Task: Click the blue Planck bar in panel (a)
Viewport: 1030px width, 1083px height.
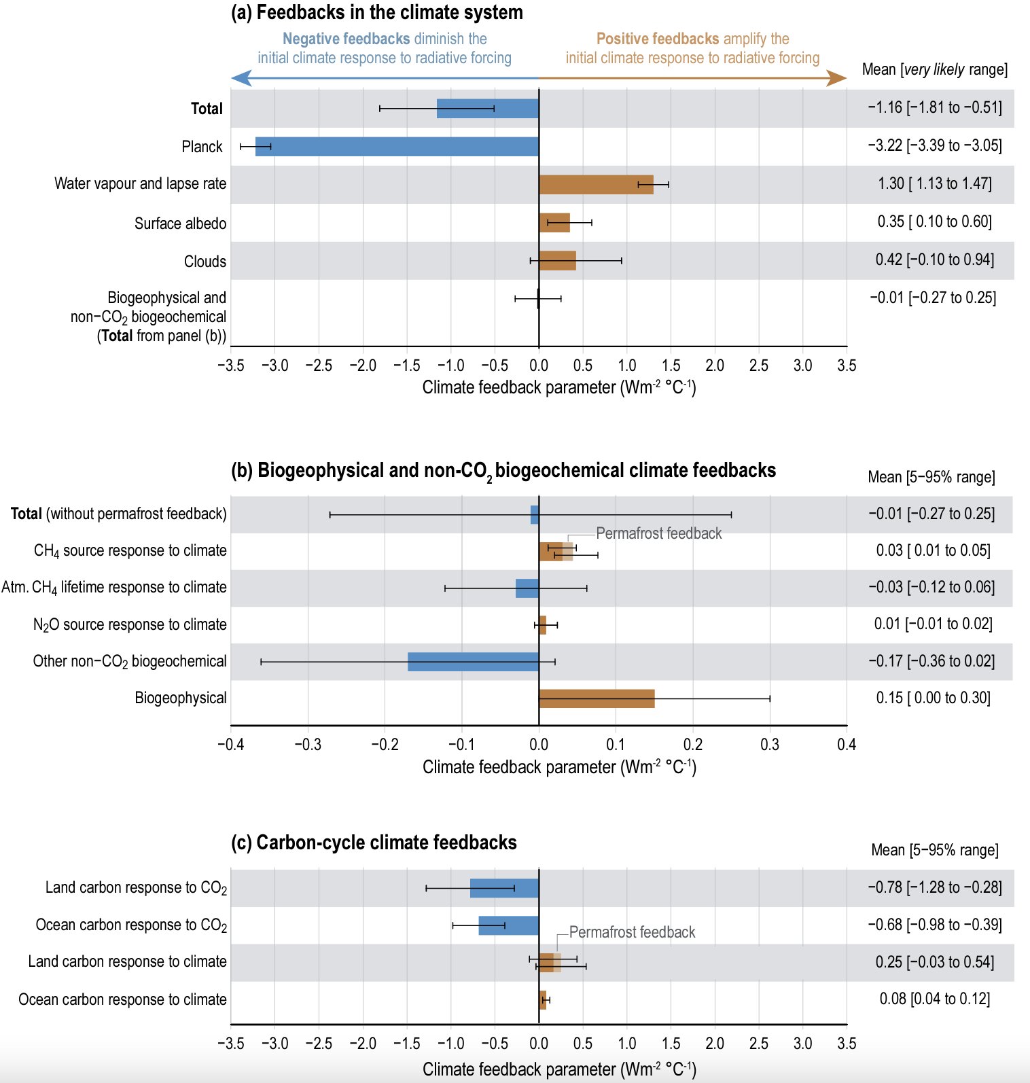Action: coord(397,147)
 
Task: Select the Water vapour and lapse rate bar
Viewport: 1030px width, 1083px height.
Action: coord(596,185)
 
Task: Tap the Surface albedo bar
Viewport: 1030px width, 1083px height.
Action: coord(554,223)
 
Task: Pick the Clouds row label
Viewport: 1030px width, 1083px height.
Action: coord(205,262)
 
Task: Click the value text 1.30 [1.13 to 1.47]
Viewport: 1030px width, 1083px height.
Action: coord(934,183)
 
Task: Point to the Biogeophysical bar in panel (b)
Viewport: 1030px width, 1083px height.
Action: coord(597,698)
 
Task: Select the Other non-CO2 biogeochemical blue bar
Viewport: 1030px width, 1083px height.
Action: coord(473,662)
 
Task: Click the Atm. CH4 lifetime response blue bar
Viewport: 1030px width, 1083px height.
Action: coord(527,588)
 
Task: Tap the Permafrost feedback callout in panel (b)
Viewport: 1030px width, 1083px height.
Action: coord(658,533)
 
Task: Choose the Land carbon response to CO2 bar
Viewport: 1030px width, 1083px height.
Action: coord(504,888)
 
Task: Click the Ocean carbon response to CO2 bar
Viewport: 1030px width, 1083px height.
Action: coord(508,925)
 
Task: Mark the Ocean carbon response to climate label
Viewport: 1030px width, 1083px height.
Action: coord(122,999)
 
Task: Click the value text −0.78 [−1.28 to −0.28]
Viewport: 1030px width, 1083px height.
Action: coord(934,887)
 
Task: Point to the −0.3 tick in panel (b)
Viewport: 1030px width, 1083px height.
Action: coord(308,745)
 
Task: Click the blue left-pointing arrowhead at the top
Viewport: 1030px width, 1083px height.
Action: coord(240,78)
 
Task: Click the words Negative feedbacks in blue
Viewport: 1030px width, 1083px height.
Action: coord(346,39)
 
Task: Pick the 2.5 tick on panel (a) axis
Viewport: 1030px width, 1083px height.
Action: coord(758,366)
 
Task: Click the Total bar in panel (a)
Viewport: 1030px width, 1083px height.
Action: coord(487,109)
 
